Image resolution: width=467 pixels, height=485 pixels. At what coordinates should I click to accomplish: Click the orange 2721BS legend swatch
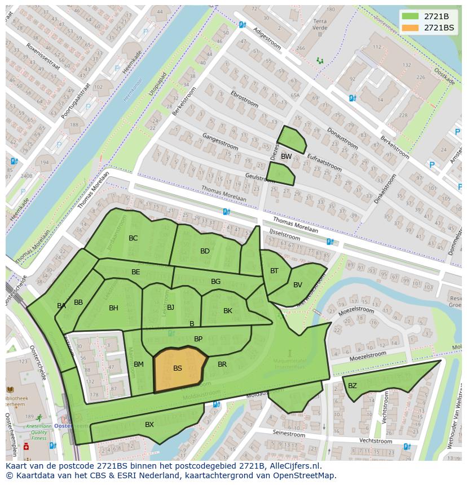(x=411, y=28)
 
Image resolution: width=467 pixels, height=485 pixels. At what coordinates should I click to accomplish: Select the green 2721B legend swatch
(x=411, y=16)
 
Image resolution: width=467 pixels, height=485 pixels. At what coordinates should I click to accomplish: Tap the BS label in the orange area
(x=178, y=368)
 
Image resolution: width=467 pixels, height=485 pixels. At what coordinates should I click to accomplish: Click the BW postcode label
(x=287, y=157)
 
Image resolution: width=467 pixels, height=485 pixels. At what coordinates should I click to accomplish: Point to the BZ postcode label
(x=353, y=386)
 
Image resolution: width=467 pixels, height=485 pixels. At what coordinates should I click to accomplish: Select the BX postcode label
(x=149, y=425)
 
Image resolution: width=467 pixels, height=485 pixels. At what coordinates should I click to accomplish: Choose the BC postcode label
(x=133, y=238)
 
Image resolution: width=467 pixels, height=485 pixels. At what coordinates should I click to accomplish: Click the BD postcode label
(x=205, y=251)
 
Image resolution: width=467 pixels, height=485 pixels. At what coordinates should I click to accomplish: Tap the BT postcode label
(x=274, y=271)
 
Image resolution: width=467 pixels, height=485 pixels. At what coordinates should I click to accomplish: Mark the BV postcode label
(x=298, y=285)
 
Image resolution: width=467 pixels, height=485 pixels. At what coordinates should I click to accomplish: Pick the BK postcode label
(x=228, y=311)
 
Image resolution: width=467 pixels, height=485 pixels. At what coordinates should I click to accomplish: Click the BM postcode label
(x=139, y=364)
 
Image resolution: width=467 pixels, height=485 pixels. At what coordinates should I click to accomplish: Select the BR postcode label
(x=222, y=364)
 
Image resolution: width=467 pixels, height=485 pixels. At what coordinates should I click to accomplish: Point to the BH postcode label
(x=113, y=308)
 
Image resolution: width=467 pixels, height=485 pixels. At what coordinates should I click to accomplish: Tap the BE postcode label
(x=136, y=272)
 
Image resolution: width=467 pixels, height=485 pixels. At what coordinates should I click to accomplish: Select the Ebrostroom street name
(x=244, y=100)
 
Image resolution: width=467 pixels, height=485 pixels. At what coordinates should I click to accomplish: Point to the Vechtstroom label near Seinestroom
(x=376, y=441)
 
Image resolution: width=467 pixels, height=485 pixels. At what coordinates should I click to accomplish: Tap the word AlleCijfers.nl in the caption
(x=294, y=466)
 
